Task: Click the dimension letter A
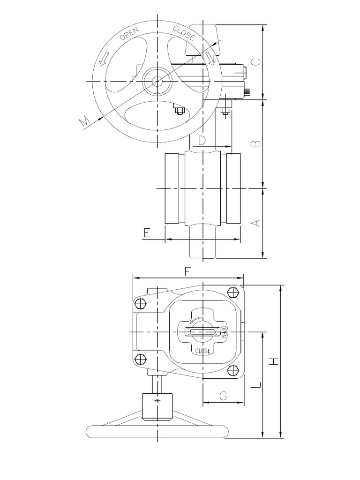pos(256,223)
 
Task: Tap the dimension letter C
pos(256,62)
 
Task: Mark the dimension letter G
pos(223,396)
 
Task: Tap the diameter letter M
pos(85,121)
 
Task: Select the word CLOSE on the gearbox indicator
pos(202,350)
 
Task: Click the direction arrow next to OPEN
pos(103,58)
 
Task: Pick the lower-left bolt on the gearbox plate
pos(140,360)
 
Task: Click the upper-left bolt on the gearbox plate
pos(140,304)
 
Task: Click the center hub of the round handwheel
pos(157,81)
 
